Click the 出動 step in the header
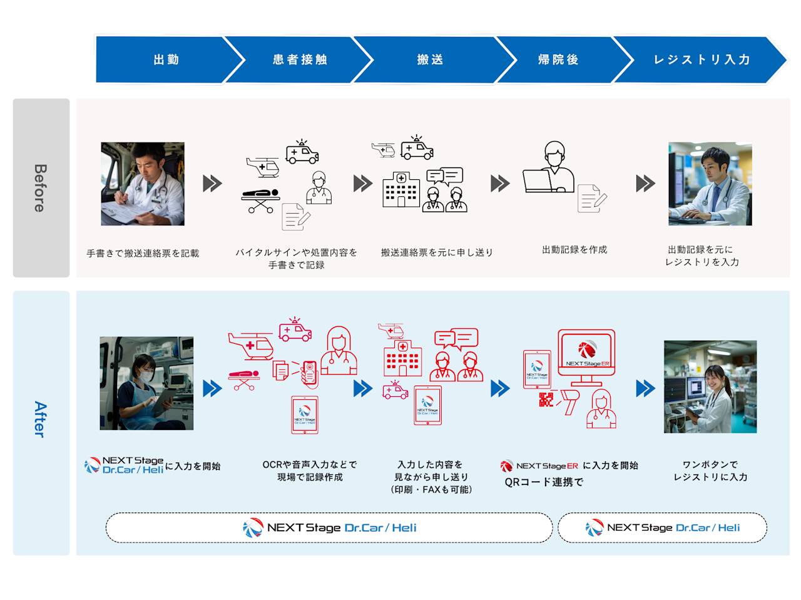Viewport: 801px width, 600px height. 166,60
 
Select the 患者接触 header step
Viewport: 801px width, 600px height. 300,60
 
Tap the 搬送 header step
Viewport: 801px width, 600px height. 431,60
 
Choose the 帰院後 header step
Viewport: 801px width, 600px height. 558,60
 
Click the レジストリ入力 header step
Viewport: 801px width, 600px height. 702,60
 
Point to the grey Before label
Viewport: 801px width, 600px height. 41,187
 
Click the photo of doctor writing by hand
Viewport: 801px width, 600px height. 143,184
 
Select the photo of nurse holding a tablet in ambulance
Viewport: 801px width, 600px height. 146,383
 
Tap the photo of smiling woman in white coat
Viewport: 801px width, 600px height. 710,387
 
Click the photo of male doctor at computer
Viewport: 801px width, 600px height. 710,184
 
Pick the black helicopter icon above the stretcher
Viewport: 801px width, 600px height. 262,166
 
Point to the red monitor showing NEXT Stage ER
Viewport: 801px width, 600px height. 586,355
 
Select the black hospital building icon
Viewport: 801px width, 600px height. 401,189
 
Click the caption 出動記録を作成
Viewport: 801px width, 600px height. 574,250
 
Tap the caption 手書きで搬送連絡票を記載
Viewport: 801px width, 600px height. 143,254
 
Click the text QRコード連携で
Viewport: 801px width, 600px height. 544,482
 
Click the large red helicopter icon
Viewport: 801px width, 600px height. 251,345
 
